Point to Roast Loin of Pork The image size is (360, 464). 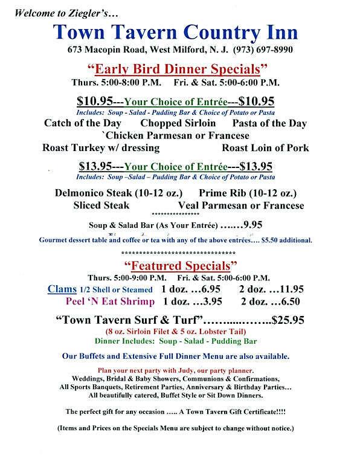point(265,147)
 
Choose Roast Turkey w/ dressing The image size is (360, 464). point(101,147)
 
